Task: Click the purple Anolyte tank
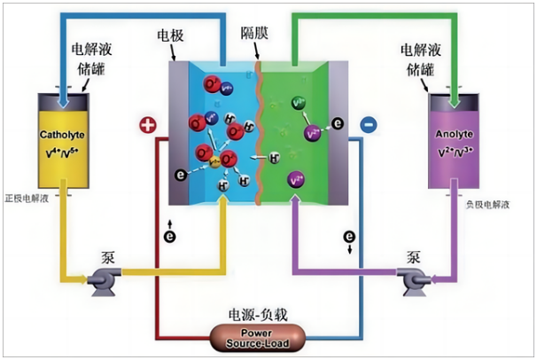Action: [456, 142]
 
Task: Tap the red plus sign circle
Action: [147, 125]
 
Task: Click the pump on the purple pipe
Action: [416, 282]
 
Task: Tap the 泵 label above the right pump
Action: [414, 257]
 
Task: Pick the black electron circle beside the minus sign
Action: [338, 122]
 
